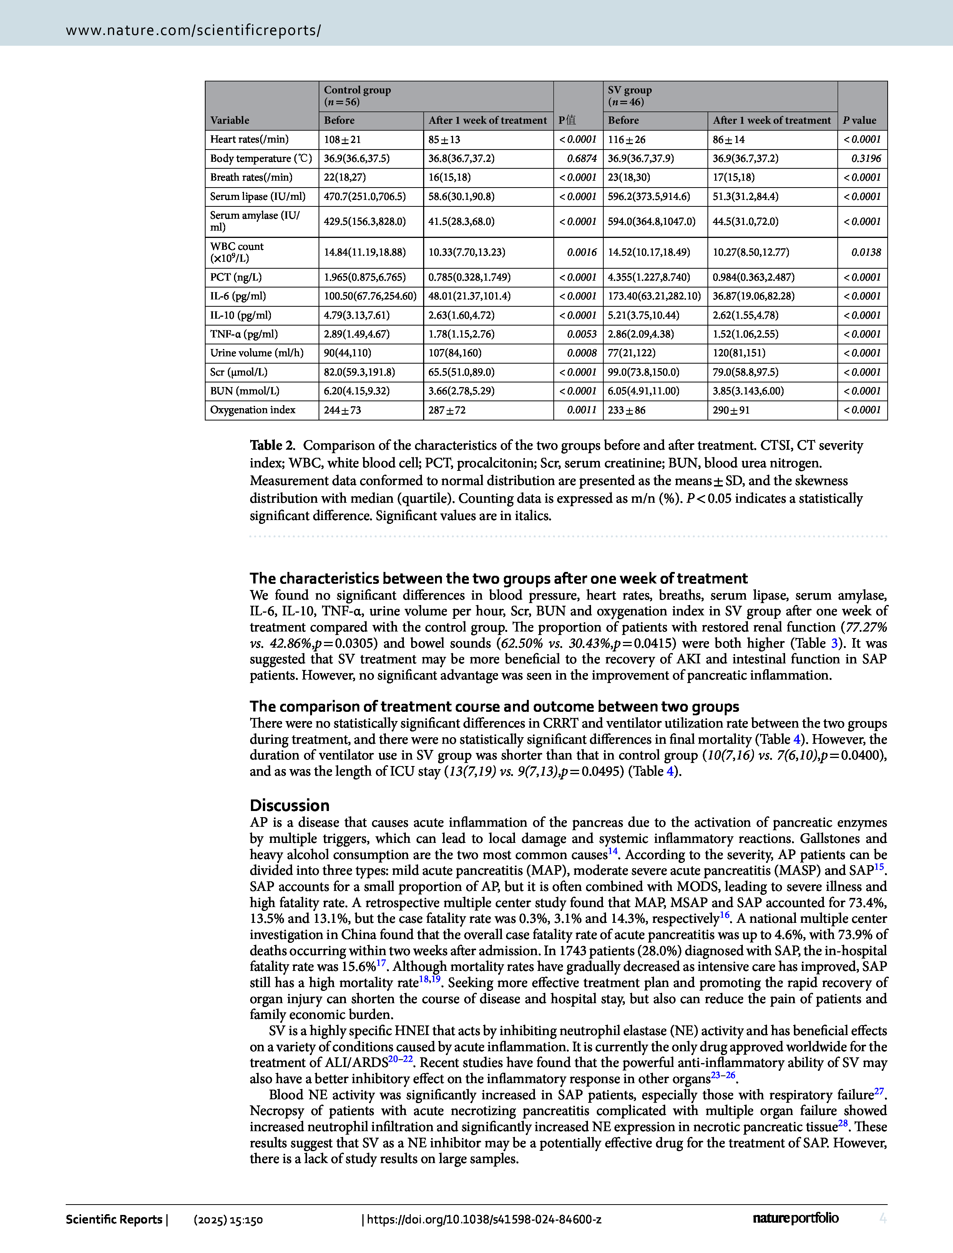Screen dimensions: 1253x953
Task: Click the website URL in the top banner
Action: [x=193, y=30]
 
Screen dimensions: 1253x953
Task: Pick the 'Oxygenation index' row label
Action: [x=252, y=410]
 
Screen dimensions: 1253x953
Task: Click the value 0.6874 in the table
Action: [x=582, y=159]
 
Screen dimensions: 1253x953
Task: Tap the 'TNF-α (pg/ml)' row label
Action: [x=244, y=334]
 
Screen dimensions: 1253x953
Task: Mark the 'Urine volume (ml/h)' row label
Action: [x=256, y=353]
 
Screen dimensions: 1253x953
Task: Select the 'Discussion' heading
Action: [x=289, y=806]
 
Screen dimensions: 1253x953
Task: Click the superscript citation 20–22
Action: [x=400, y=1059]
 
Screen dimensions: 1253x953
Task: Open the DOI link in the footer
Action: [x=483, y=1219]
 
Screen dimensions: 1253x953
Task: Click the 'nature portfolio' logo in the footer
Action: [x=795, y=1218]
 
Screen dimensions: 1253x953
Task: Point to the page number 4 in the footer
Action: [x=883, y=1218]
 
